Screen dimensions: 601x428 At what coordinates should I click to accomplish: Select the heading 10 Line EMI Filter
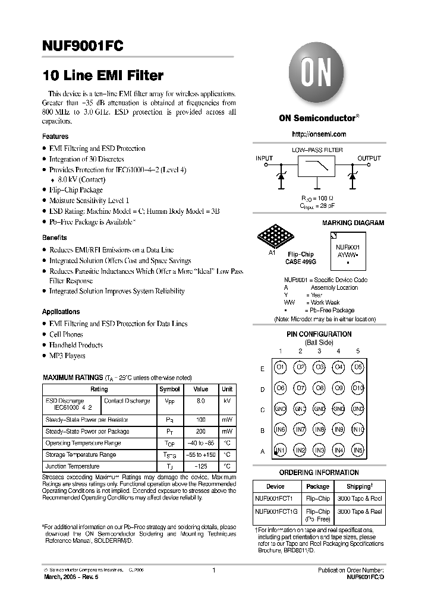click(x=102, y=76)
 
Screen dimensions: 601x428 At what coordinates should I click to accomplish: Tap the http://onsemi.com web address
click(x=319, y=134)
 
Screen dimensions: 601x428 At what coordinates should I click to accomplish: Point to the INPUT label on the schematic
click(x=264, y=159)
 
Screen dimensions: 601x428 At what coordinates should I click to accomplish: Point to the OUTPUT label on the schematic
click(x=369, y=159)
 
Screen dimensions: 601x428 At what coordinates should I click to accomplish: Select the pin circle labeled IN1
click(x=280, y=451)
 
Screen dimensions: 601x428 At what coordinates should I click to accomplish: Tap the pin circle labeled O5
click(x=357, y=368)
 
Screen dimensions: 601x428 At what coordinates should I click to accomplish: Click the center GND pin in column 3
click(x=319, y=409)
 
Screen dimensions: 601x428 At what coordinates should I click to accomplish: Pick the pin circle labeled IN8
click(x=319, y=430)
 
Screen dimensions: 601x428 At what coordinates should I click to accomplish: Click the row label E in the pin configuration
click(x=262, y=368)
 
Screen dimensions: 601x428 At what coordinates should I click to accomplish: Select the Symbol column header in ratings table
click(x=169, y=390)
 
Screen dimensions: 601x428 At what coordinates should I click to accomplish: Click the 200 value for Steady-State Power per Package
click(x=200, y=432)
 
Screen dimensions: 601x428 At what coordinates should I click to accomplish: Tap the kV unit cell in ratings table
click(x=227, y=401)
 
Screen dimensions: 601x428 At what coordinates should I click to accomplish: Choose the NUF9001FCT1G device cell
click(x=276, y=511)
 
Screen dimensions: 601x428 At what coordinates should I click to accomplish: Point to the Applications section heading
click(x=61, y=312)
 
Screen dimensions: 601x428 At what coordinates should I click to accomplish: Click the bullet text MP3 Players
click(x=67, y=356)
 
